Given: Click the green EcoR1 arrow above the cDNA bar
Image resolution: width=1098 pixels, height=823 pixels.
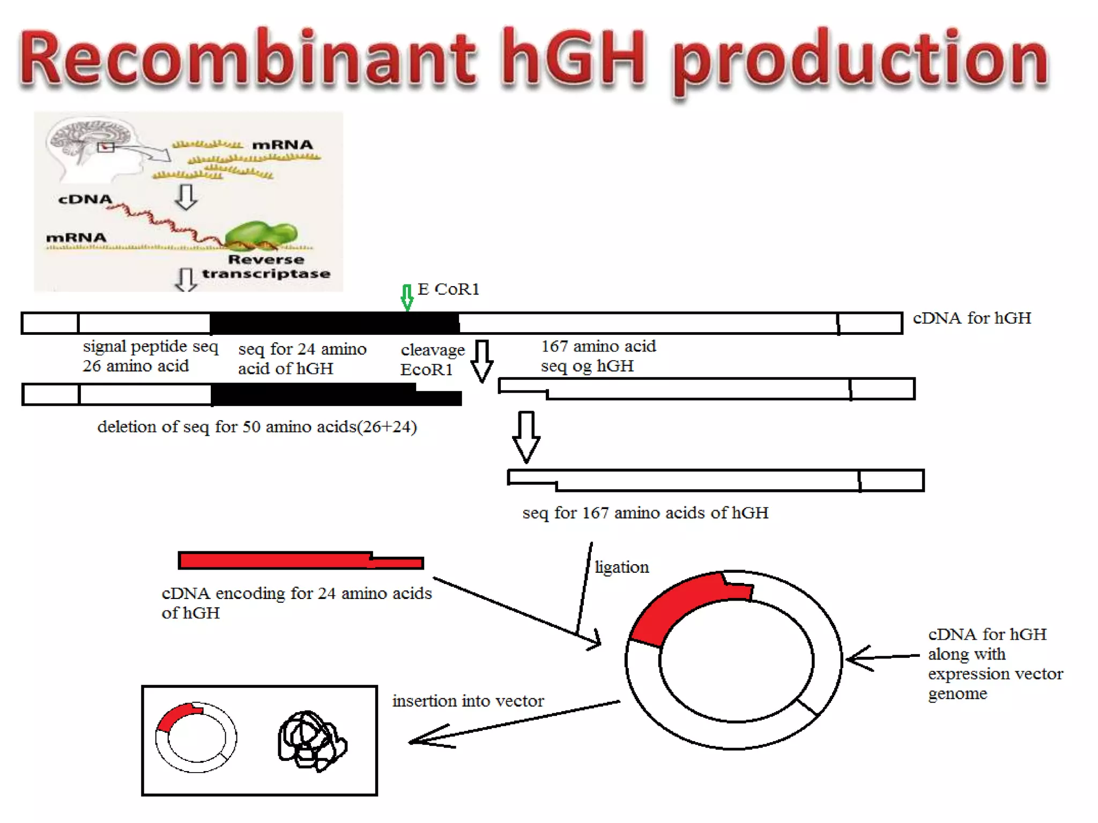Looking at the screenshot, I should tap(407, 297).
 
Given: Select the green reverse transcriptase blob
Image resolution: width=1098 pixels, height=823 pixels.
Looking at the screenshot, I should tap(261, 235).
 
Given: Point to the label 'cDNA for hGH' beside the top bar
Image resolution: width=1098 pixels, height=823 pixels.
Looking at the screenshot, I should tap(971, 318).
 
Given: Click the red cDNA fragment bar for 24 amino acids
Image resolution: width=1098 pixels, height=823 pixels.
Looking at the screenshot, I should tap(300, 560).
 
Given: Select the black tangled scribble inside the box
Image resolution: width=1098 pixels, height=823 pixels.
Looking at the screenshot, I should tap(311, 741).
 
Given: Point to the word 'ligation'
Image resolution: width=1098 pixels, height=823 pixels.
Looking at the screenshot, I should tap(622, 567).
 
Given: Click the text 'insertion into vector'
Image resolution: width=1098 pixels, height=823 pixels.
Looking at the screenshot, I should tap(468, 701).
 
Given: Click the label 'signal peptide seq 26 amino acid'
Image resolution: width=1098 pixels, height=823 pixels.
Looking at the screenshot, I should tap(150, 356).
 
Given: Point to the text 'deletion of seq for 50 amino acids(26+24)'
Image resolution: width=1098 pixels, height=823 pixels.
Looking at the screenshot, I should tap(257, 427).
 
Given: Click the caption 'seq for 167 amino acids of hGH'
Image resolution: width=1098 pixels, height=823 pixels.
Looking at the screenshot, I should tap(645, 513).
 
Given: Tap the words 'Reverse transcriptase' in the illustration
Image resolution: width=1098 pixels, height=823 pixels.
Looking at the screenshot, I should tap(266, 266).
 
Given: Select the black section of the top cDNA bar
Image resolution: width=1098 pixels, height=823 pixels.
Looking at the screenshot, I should tap(334, 323).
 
